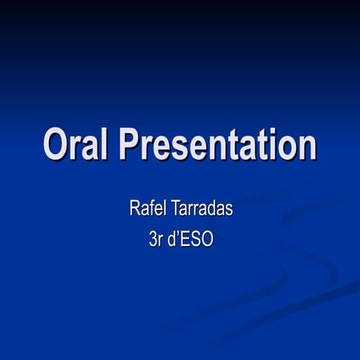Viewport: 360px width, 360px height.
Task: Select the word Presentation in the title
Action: [x=218, y=144]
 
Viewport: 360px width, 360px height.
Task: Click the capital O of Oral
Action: [x=56, y=144]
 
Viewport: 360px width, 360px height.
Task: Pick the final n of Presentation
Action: [x=306, y=147]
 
